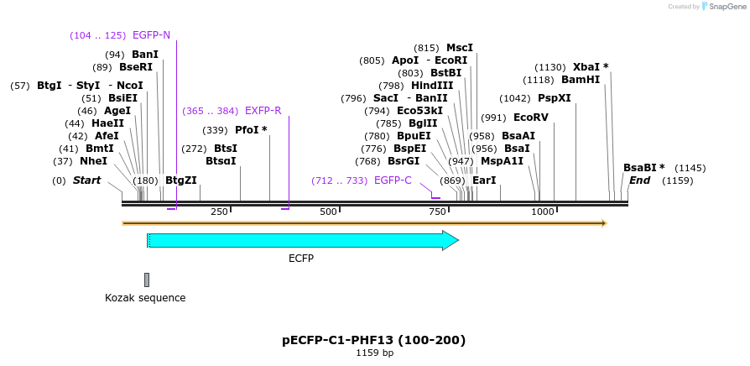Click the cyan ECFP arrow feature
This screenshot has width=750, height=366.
click(x=302, y=241)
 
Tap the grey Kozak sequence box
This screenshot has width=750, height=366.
click(x=147, y=280)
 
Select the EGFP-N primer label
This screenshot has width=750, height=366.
click(x=151, y=35)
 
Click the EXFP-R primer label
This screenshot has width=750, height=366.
click(x=263, y=110)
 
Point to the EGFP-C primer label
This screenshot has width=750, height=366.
click(x=393, y=180)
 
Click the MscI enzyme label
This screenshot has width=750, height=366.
click(x=460, y=48)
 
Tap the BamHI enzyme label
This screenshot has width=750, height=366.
click(x=581, y=80)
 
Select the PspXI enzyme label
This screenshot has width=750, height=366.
click(x=554, y=98)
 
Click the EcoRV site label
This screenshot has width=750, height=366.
click(x=530, y=118)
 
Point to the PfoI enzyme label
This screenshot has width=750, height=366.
click(x=251, y=129)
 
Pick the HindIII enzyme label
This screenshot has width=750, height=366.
click(x=432, y=86)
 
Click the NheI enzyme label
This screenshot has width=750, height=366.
click(x=93, y=161)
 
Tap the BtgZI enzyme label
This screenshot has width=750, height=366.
click(x=180, y=180)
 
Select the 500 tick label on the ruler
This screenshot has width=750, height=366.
click(x=328, y=212)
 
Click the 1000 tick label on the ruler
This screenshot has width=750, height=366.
click(x=542, y=212)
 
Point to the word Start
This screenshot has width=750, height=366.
click(x=86, y=180)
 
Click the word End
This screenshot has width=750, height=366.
click(x=639, y=180)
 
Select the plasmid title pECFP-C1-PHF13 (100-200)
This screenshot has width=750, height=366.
click(x=374, y=340)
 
